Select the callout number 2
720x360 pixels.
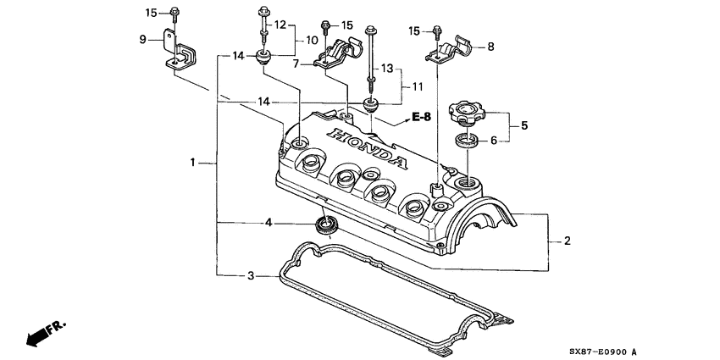tap(567, 241)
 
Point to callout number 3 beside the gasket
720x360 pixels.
tap(250, 276)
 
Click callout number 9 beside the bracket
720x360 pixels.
tap(143, 38)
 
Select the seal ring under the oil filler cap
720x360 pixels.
tap(466, 141)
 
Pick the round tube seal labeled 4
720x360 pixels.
tap(325, 225)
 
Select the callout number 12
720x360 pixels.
tap(280, 25)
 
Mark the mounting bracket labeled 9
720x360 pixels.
tap(179, 51)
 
